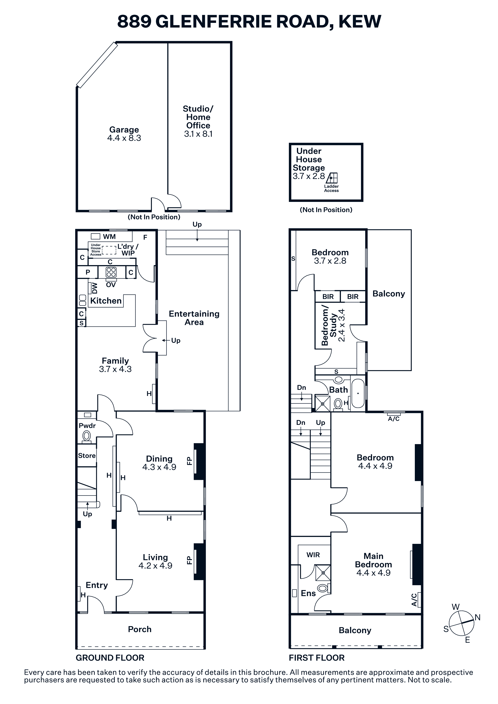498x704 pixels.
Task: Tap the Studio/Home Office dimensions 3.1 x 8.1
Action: coord(198,134)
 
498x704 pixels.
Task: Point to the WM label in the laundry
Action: coord(109,237)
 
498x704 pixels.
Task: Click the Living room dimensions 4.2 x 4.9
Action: coord(155,566)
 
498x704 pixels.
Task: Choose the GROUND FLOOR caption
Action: coord(110,658)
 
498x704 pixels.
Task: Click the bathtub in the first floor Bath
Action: coord(358,393)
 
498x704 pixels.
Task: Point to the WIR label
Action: coord(313,555)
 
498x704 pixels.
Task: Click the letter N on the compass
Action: coord(478,618)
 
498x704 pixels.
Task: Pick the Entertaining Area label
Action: coord(194,318)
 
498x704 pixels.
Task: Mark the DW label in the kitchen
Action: coord(94,288)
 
